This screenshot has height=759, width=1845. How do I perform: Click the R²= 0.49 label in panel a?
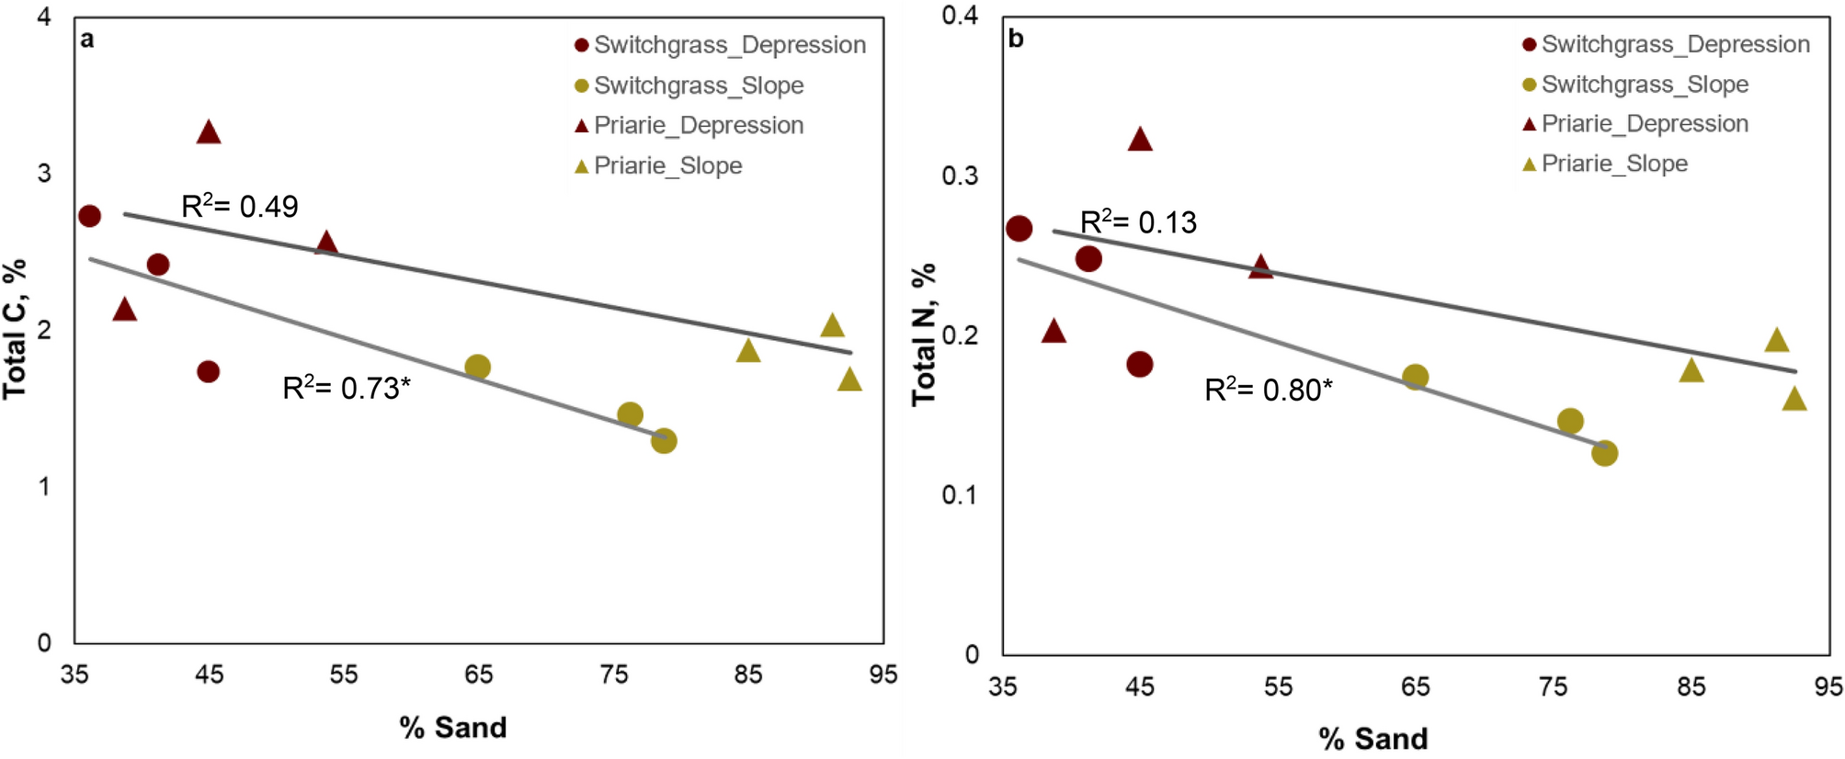(240, 206)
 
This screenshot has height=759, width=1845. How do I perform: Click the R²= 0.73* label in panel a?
(346, 388)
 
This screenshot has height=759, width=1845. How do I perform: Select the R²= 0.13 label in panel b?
(1138, 221)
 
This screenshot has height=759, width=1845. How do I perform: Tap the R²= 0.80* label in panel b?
(1268, 390)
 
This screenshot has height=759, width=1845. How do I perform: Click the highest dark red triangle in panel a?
(209, 132)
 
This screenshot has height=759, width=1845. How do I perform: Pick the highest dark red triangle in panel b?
(1140, 140)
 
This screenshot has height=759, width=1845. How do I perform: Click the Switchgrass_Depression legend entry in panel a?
(719, 45)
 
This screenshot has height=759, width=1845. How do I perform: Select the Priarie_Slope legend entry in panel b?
(1605, 164)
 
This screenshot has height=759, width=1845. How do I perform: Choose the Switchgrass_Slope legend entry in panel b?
(1634, 85)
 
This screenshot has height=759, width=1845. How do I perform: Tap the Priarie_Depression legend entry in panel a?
(689, 125)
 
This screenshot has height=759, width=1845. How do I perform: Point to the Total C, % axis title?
(15, 329)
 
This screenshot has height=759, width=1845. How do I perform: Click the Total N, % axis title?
(923, 334)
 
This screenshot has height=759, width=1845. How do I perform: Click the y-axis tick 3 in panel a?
(44, 174)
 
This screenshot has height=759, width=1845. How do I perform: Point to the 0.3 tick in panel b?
(960, 176)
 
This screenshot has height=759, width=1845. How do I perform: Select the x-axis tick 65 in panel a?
(478, 675)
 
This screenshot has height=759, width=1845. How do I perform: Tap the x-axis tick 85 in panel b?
(1691, 686)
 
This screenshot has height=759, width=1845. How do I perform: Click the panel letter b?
(1016, 39)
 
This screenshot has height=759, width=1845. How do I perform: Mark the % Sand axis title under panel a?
(452, 728)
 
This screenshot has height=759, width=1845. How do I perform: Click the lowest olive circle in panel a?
(664, 441)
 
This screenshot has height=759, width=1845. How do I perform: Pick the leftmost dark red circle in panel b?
(1019, 229)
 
